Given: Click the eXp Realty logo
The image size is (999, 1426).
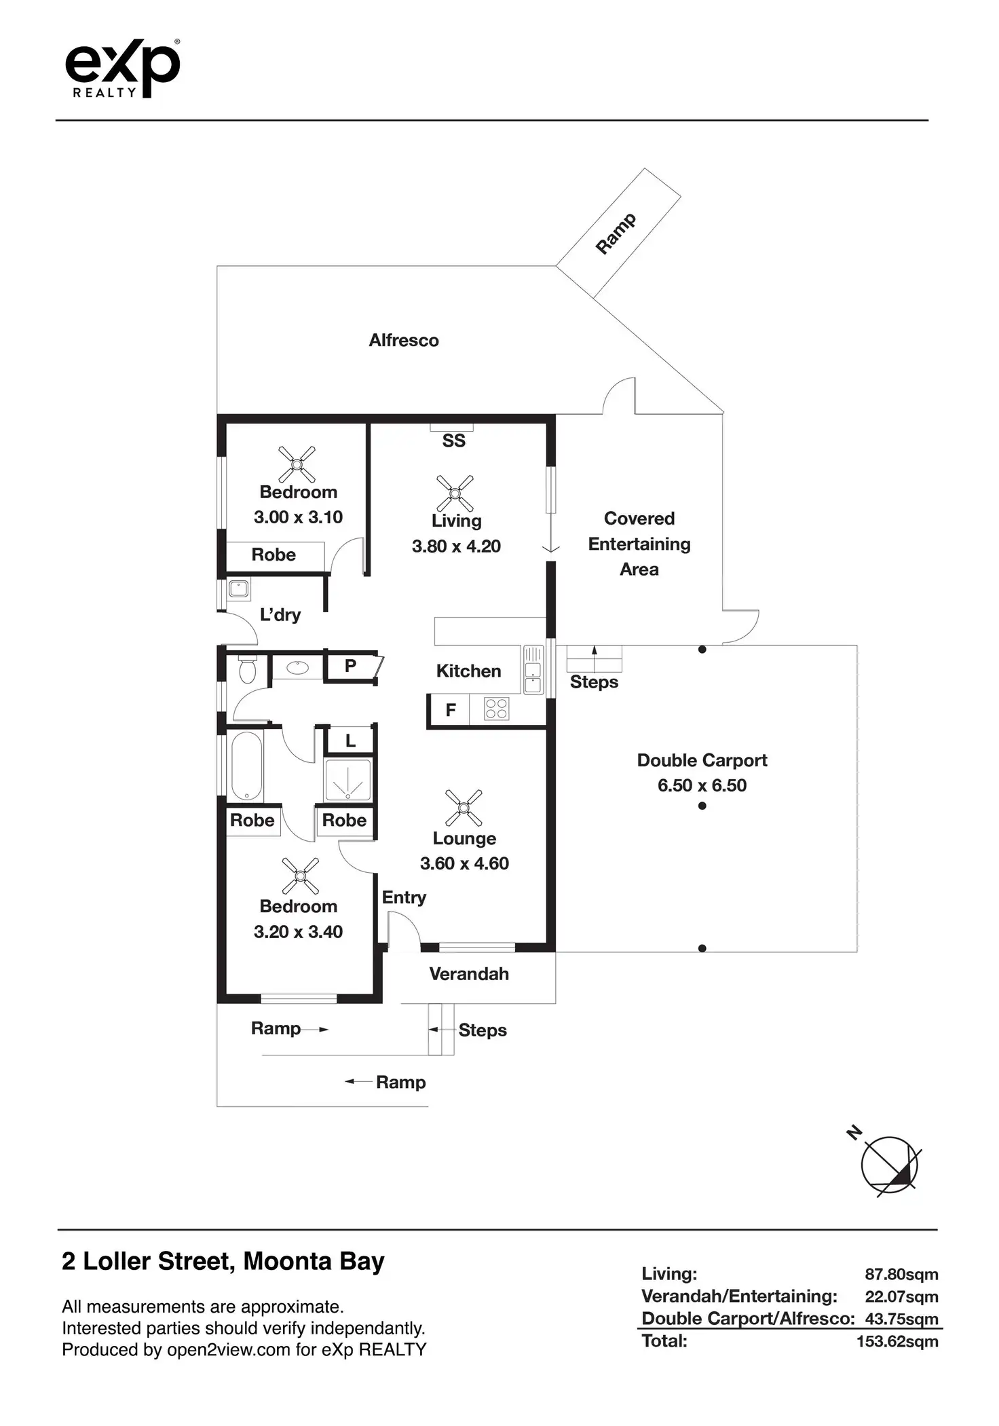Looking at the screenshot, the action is pyautogui.click(x=123, y=69).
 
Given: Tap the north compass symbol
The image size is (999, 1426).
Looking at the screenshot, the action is pyautogui.click(x=888, y=1165).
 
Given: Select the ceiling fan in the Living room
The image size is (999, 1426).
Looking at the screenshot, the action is pyautogui.click(x=455, y=493).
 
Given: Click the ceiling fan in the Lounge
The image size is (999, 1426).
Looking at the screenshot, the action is pyautogui.click(x=464, y=808).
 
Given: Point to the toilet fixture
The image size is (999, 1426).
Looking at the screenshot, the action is pyautogui.click(x=247, y=669).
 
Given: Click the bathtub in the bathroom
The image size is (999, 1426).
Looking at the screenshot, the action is pyautogui.click(x=247, y=766).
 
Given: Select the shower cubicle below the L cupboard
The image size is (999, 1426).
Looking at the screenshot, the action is pyautogui.click(x=348, y=781).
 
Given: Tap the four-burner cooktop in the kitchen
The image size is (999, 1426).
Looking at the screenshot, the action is pyautogui.click(x=496, y=709).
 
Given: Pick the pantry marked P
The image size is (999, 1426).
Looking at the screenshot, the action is pyautogui.click(x=350, y=666).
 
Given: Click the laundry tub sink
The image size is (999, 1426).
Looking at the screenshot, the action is pyautogui.click(x=238, y=588).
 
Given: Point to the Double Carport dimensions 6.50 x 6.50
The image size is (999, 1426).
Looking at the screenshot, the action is pyautogui.click(x=702, y=785).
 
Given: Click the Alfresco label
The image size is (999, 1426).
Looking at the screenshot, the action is pyautogui.click(x=404, y=340).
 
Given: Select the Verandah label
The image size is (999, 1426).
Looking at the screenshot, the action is pyautogui.click(x=469, y=974).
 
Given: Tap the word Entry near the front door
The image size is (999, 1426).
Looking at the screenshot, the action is pyautogui.click(x=404, y=897).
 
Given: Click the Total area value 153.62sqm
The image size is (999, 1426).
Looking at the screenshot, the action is pyautogui.click(x=897, y=1341).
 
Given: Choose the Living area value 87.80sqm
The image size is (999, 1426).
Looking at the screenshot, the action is pyautogui.click(x=901, y=1274).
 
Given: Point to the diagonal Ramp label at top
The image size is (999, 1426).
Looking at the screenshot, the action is pyautogui.click(x=616, y=233).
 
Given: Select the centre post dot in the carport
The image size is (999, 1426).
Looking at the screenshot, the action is pyautogui.click(x=702, y=806).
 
